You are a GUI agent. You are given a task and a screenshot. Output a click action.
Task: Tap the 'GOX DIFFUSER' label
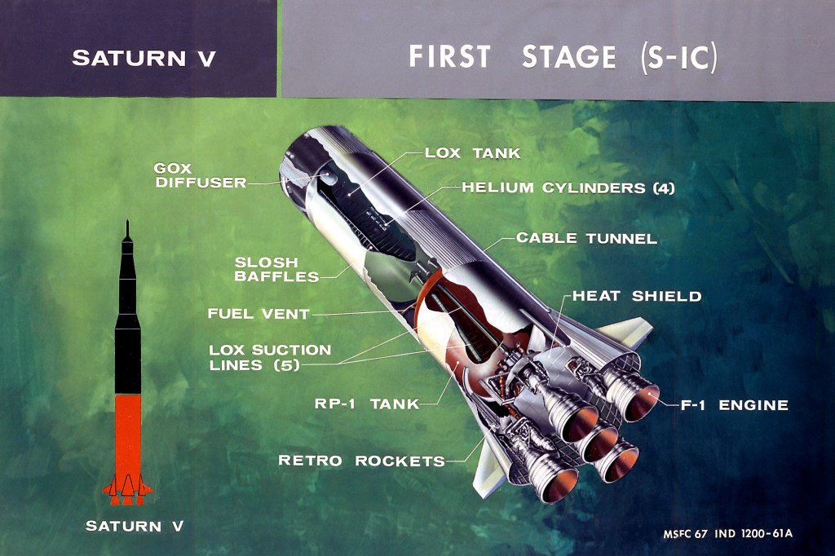[200, 175]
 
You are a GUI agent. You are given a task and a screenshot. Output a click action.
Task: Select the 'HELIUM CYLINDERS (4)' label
[568, 188]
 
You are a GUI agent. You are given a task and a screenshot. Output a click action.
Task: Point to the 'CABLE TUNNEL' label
[586, 239]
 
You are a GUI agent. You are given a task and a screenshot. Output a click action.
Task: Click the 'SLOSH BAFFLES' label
[276, 270]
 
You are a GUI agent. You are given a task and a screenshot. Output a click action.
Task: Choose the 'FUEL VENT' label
[258, 313]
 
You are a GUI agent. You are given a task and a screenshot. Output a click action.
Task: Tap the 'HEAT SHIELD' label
[637, 295]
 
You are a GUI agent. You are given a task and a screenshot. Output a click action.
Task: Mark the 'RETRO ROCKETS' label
[361, 461]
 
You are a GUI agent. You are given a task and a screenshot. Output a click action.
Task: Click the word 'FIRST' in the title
[450, 57]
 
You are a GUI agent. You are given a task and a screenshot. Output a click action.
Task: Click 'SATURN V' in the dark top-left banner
[144, 58]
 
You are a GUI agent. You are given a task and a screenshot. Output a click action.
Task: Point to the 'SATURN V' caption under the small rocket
[135, 526]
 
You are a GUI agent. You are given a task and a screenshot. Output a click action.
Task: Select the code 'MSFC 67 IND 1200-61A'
[728, 535]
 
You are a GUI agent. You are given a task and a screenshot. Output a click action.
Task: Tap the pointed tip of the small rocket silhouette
[127, 223]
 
